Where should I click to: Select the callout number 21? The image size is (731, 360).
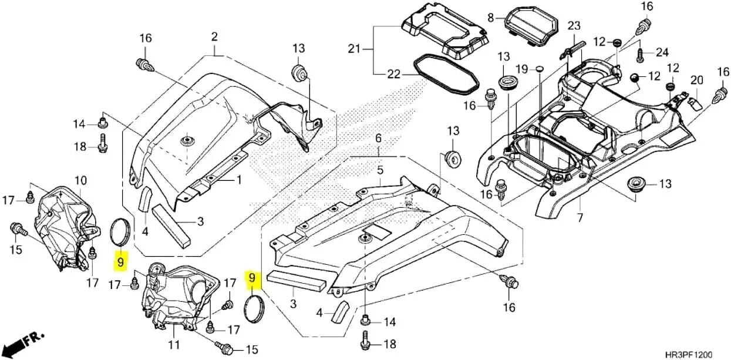coord(353,49)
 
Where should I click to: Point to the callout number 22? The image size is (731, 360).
coord(393,74)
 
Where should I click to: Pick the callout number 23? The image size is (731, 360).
coord(574,26)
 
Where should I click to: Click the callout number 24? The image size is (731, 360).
coord(662,53)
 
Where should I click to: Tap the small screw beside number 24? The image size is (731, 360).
coord(641,55)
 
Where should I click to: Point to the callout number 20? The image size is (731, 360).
coord(696,80)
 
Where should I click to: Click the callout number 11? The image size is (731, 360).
coord(174,344)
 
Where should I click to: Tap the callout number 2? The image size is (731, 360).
coord(214,37)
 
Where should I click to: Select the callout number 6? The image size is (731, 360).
coord(378,139)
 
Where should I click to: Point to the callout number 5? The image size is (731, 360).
coord(380,170)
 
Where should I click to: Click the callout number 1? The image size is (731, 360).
coord(239,180)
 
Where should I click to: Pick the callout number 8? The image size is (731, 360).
coord(491,18)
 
